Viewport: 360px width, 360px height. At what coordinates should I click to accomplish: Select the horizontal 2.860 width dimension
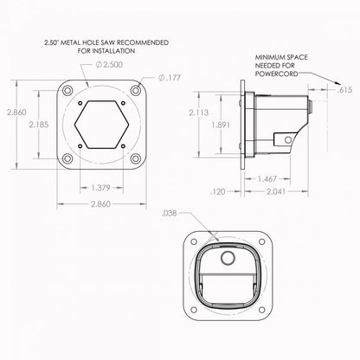(x=100, y=204)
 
